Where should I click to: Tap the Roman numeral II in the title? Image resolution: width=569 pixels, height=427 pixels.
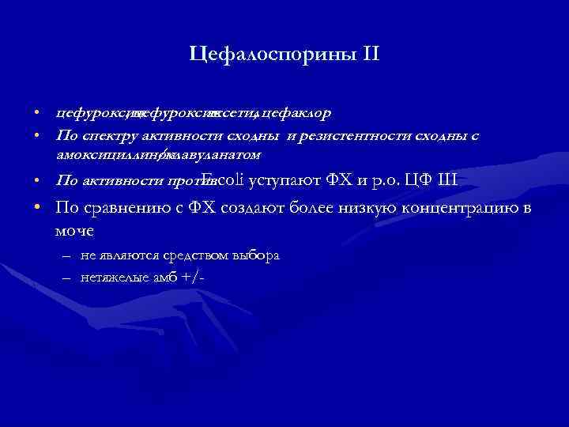[370, 55]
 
